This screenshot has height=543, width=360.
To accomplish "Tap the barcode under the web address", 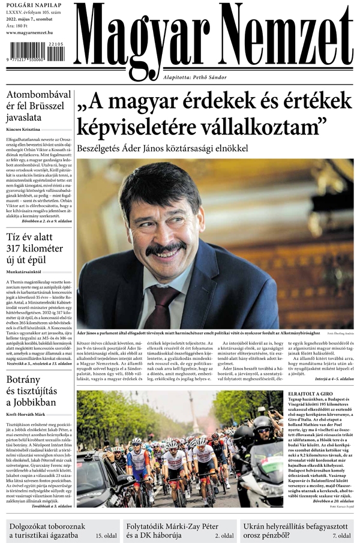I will coord(35,53).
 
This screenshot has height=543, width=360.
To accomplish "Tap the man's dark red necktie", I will coord(162,306).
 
